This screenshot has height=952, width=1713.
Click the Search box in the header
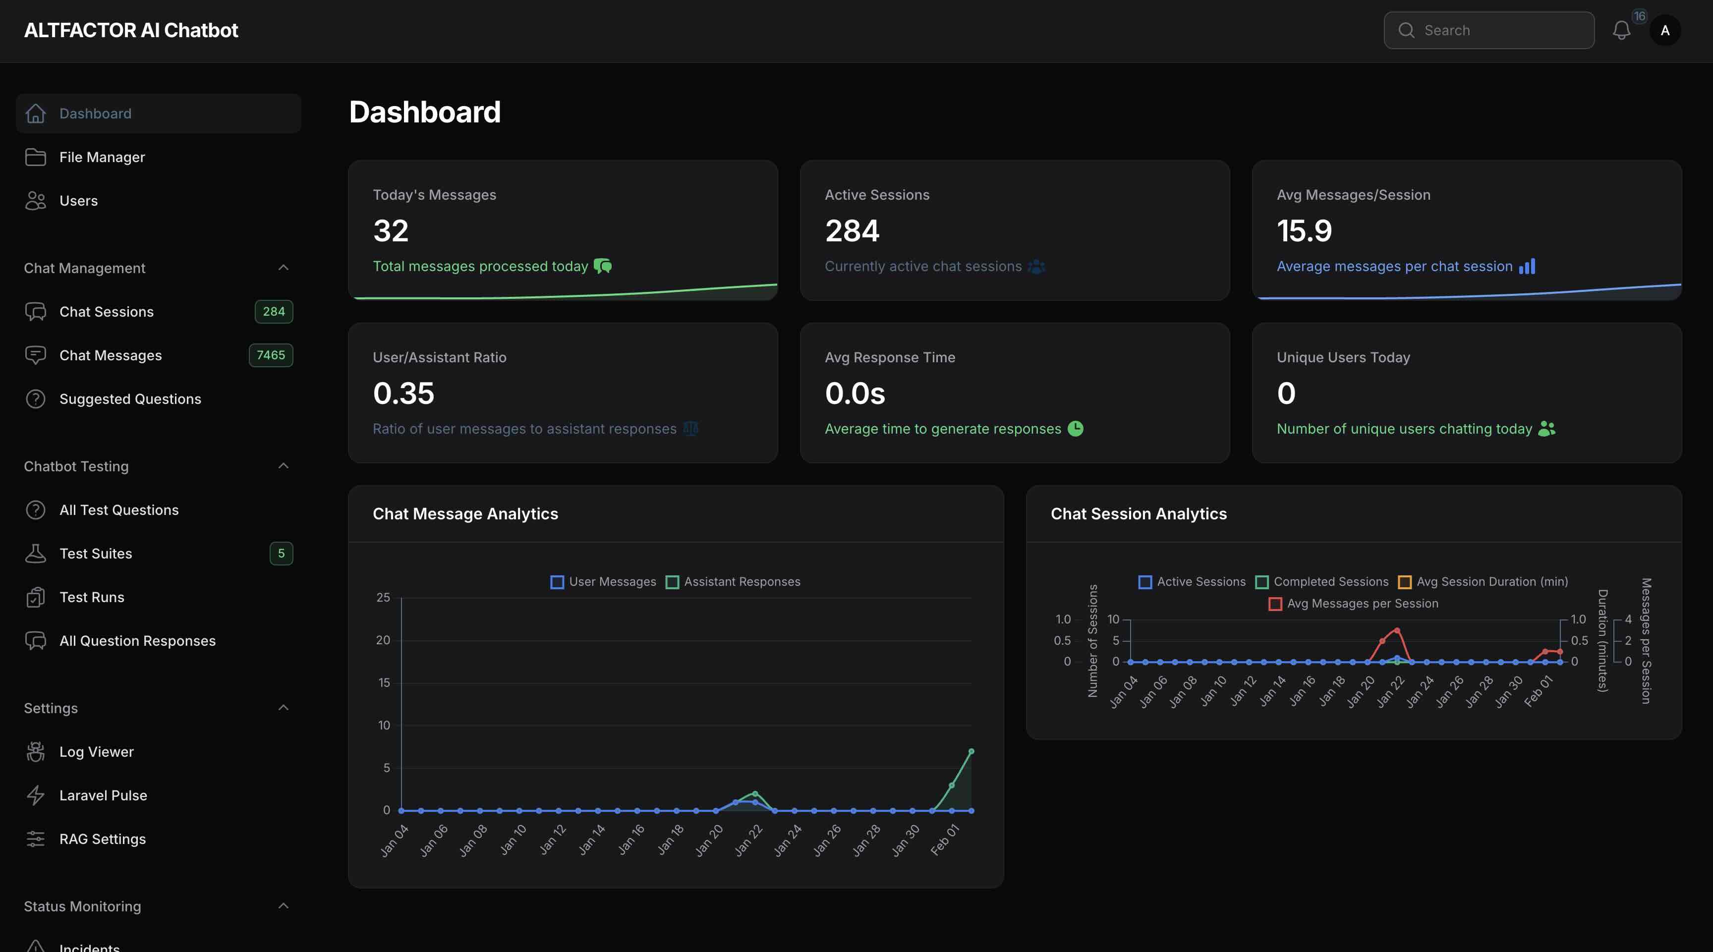coord(1488,30)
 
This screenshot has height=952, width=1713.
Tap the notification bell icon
coord(1621,30)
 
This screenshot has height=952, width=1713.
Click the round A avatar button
coord(1664,30)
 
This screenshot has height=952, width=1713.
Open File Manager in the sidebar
coord(102,157)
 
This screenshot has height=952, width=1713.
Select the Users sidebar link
coord(78,200)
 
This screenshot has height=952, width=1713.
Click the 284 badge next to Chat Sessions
coord(273,311)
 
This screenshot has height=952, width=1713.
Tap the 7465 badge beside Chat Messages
coord(271,355)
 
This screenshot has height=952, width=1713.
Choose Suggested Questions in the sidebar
coord(130,399)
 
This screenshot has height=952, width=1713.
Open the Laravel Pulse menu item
coord(103,795)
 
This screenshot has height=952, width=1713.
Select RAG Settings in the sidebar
coord(103,839)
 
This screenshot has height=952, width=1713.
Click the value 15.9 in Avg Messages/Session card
coord(1304,230)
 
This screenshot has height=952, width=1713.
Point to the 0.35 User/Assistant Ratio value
coord(403,393)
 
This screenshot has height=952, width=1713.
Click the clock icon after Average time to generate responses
coord(1075,429)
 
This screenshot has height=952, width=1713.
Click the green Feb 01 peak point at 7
coord(971,751)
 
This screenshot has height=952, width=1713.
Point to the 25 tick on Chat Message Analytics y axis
coord(383,597)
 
